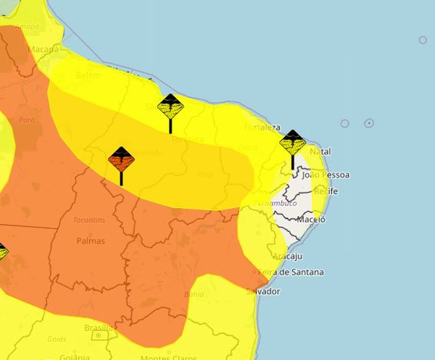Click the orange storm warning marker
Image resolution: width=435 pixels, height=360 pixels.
(x=121, y=159)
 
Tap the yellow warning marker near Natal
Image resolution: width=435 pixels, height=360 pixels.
(x=293, y=143)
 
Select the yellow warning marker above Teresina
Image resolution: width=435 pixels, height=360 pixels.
(x=171, y=106)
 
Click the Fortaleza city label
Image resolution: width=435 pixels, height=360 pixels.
(x=262, y=128)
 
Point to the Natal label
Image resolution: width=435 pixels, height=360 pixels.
(x=320, y=152)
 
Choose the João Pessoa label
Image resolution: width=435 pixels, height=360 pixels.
(x=326, y=175)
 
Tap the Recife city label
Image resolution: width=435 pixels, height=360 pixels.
(x=326, y=191)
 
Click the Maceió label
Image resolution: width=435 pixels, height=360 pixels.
(x=311, y=219)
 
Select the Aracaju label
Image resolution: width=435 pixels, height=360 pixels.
(x=287, y=256)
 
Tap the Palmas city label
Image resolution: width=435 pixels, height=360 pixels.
(x=91, y=241)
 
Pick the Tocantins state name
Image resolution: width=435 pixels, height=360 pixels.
(x=89, y=220)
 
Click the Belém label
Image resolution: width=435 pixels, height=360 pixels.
(x=88, y=76)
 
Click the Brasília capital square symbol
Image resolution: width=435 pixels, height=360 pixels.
(x=99, y=336)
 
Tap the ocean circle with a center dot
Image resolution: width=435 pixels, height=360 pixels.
(x=369, y=123)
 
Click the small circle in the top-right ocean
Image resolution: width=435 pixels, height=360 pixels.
(x=423, y=40)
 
